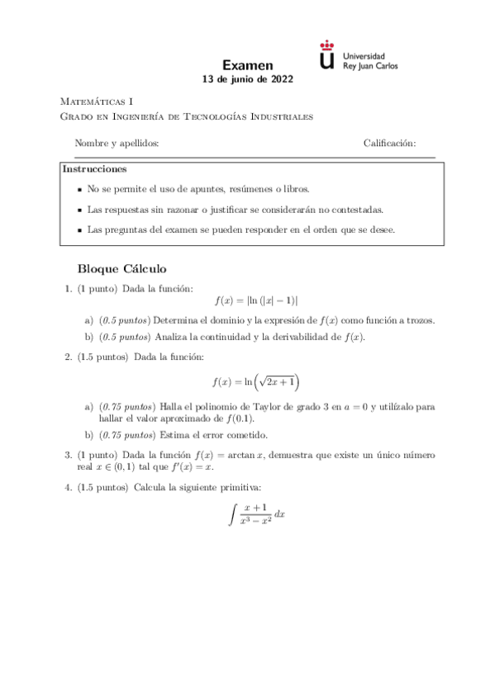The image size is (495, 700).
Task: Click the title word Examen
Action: point(248,65)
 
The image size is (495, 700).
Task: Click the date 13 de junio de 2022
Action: point(248,80)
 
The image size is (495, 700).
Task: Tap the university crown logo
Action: point(327,55)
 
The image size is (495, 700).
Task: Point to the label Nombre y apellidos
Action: point(117,143)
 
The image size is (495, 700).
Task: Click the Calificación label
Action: point(389,143)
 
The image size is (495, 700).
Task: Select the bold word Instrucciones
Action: point(94,169)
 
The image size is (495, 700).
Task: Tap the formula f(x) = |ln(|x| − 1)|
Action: point(255,301)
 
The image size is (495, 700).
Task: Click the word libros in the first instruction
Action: point(295,189)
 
